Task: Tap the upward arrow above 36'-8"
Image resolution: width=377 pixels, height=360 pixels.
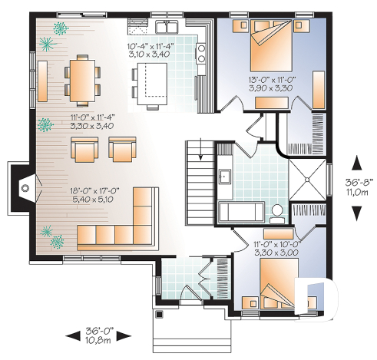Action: (356, 162)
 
